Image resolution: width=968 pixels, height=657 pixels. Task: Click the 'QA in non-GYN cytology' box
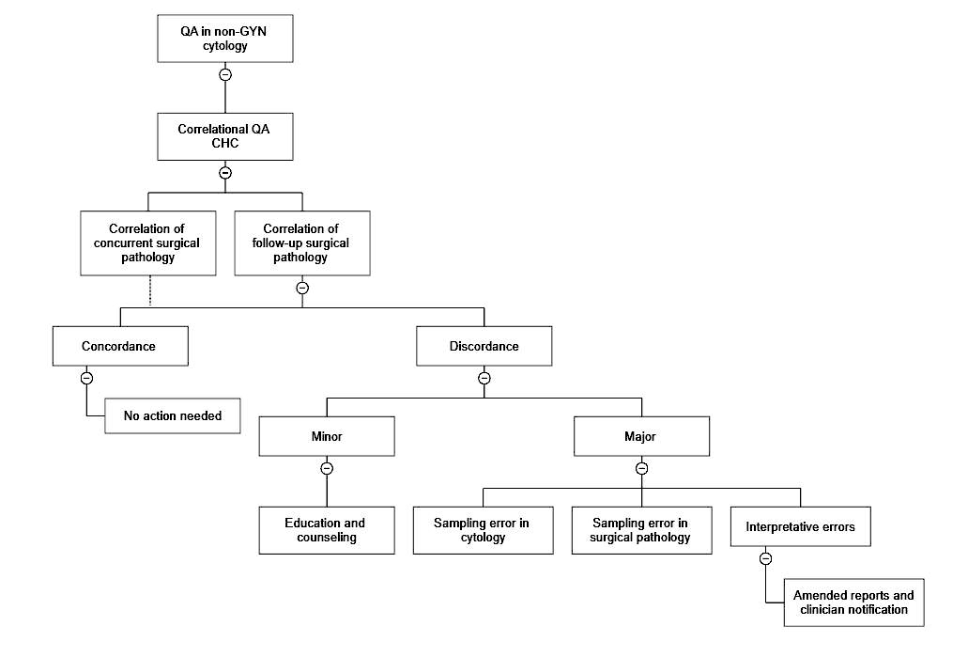(x=224, y=39)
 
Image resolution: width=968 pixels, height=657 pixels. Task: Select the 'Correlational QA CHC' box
(x=224, y=136)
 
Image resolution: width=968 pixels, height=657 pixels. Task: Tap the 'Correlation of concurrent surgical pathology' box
(x=148, y=242)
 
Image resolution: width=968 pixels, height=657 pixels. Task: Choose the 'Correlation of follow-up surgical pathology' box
(x=302, y=242)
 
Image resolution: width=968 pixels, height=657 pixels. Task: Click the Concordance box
(x=120, y=346)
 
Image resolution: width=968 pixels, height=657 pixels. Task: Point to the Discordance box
(x=484, y=346)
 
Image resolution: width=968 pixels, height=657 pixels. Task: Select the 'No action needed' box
(x=172, y=416)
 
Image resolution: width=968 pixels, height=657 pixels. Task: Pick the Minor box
(x=327, y=436)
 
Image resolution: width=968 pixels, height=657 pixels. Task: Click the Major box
(x=641, y=436)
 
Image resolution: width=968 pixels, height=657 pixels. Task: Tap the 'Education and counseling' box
(x=327, y=530)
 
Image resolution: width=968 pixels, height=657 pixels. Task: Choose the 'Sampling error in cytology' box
(x=483, y=530)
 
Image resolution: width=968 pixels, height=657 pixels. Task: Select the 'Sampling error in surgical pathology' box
(x=641, y=530)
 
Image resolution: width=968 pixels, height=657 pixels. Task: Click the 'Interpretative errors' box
(x=801, y=526)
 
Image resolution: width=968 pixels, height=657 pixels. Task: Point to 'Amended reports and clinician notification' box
(x=853, y=602)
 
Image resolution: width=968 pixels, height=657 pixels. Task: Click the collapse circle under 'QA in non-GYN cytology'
(x=225, y=75)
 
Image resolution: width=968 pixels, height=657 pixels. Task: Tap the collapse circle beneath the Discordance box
(x=484, y=378)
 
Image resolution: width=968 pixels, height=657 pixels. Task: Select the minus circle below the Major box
(x=641, y=468)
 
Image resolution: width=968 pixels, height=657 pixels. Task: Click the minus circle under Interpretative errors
(x=765, y=558)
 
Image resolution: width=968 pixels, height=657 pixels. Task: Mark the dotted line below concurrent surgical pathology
(x=150, y=291)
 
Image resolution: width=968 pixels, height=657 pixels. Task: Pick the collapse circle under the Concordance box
(x=86, y=378)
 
